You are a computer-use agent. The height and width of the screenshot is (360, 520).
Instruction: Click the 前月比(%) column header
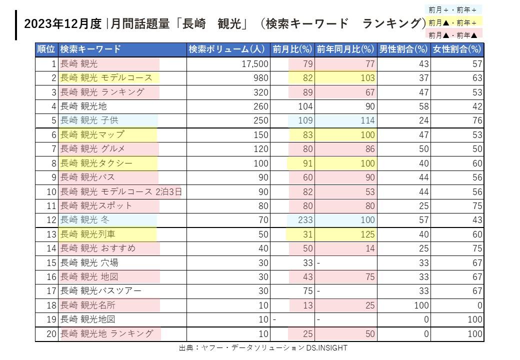(292, 49)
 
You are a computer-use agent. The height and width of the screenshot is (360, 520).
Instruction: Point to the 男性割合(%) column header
(403, 49)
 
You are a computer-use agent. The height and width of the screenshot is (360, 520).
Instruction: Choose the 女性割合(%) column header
(457, 49)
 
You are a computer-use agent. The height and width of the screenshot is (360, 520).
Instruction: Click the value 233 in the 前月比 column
(305, 220)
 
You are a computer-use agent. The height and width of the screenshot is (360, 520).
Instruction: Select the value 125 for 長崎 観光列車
(367, 234)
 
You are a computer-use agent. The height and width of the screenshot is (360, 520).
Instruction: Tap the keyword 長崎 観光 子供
(89, 120)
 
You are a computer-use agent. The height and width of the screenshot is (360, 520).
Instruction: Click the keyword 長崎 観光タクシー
(96, 163)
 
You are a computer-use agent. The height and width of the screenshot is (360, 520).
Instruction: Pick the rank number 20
(51, 334)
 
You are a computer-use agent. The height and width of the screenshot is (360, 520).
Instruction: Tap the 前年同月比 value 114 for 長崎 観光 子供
(367, 120)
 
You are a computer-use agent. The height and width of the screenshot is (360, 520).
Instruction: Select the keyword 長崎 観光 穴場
(89, 262)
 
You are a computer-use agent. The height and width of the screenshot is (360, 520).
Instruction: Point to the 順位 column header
(46, 49)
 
